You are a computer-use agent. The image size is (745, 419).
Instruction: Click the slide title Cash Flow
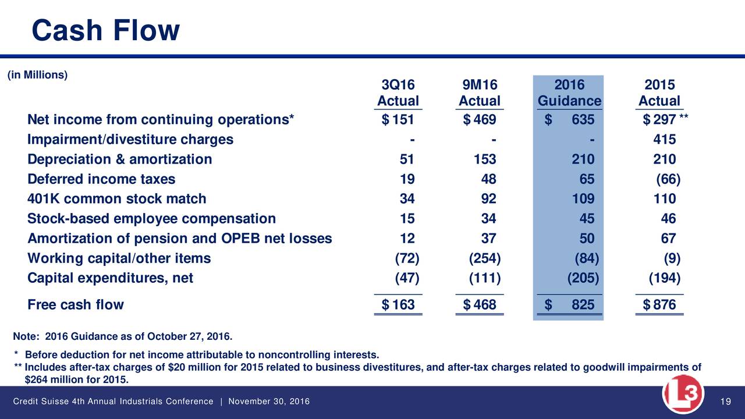105,30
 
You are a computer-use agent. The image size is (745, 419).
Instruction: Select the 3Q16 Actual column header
398,93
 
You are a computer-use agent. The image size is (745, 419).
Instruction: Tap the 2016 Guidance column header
569,93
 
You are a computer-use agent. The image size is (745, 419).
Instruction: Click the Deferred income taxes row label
101,179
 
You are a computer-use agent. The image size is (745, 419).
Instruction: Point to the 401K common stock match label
116,199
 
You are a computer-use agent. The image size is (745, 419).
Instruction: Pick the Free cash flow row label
75,304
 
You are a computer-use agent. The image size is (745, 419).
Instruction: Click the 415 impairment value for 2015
664,140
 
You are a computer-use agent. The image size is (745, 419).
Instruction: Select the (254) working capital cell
484,258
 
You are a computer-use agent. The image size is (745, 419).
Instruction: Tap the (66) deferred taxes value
668,179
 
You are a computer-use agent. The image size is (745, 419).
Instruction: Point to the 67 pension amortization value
668,239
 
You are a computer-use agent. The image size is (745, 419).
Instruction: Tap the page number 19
725,402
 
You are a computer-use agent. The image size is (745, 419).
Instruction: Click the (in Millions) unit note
37,74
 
